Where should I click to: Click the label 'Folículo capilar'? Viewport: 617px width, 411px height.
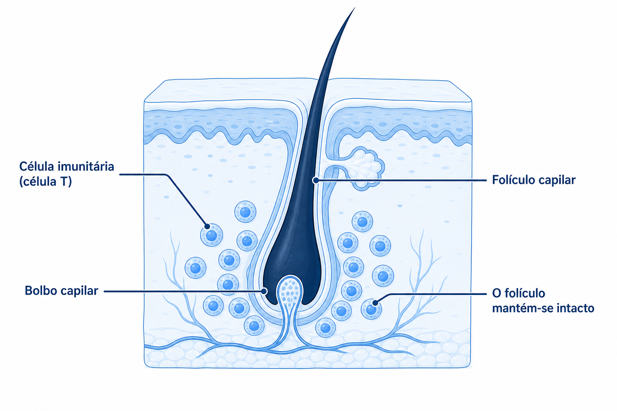(x=534, y=180)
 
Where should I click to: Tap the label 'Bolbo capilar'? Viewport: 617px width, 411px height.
(x=61, y=291)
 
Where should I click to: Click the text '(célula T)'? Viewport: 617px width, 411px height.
(x=45, y=182)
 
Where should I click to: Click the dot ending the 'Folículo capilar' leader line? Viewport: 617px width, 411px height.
(x=316, y=180)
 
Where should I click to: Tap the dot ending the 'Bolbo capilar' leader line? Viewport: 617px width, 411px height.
(x=264, y=291)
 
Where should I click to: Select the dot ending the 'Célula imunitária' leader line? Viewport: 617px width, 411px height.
(x=207, y=226)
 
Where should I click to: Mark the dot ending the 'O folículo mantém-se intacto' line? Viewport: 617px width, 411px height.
(x=375, y=303)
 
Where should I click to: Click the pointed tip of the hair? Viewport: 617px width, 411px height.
(x=355, y=8)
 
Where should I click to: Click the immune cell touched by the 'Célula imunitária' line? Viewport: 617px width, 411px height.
(x=211, y=235)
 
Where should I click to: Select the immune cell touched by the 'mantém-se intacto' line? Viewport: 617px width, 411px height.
(x=371, y=309)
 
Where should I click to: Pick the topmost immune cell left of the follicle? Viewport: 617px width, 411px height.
(x=245, y=212)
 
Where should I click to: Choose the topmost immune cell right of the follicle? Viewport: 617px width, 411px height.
(x=362, y=222)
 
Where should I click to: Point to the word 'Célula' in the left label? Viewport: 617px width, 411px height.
(x=37, y=167)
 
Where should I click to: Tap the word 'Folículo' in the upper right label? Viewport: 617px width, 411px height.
(x=513, y=180)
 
